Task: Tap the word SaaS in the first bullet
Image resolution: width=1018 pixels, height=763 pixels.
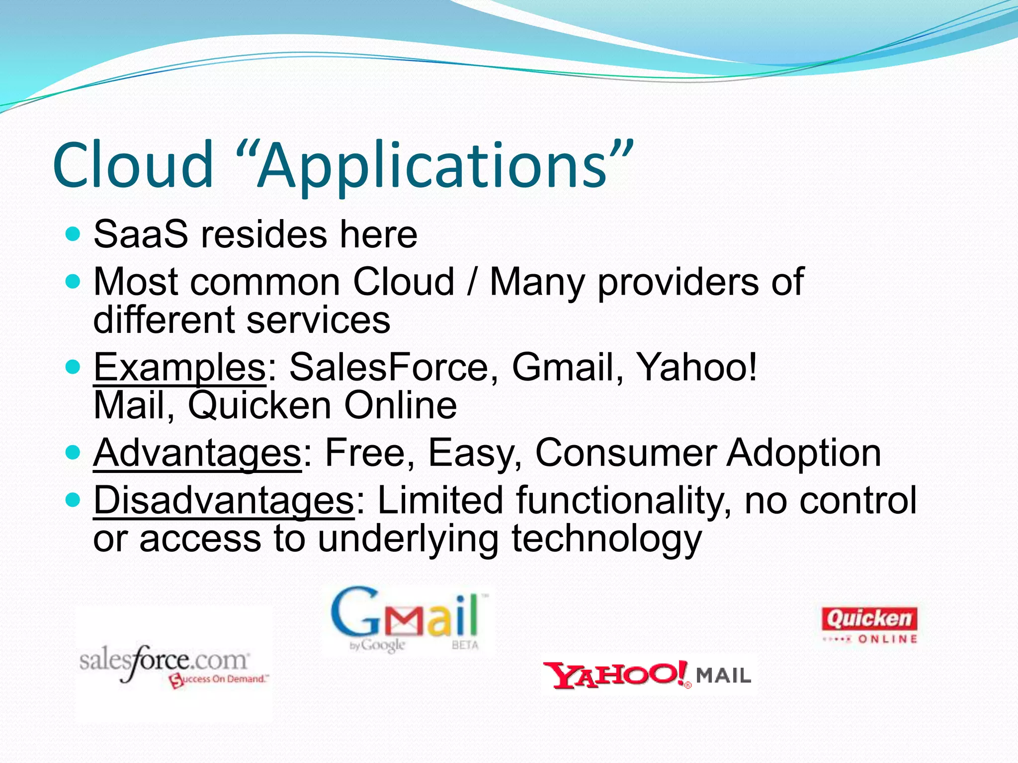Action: pyautogui.click(x=141, y=234)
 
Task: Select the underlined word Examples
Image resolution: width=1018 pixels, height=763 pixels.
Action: pyautogui.click(x=180, y=368)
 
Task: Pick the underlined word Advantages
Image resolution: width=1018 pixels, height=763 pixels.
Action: pyautogui.click(x=197, y=453)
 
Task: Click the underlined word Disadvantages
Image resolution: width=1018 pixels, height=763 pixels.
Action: pyautogui.click(x=224, y=501)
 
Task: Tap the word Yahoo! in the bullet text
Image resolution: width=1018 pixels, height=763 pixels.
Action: pyautogui.click(x=697, y=368)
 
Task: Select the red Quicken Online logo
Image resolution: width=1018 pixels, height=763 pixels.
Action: pyautogui.click(x=869, y=625)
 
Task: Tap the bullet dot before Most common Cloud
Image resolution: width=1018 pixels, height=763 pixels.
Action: pyautogui.click(x=73, y=282)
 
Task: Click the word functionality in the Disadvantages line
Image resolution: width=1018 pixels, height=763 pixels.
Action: pyautogui.click(x=623, y=501)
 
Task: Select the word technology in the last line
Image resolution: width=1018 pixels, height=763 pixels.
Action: pyautogui.click(x=606, y=539)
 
